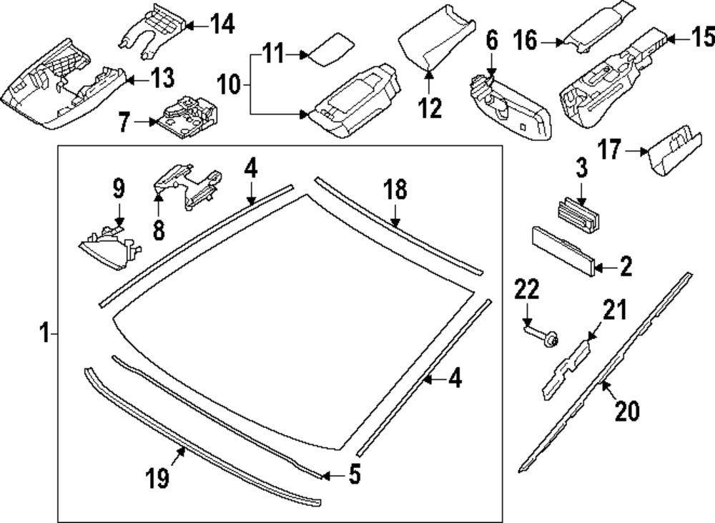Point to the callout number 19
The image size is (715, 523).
click(159, 477)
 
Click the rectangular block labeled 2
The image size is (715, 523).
click(563, 250)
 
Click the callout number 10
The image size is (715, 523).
click(230, 86)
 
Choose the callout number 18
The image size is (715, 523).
click(395, 190)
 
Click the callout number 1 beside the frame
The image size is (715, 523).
click(44, 333)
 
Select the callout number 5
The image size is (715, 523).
click(355, 474)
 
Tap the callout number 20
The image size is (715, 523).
click(627, 411)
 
